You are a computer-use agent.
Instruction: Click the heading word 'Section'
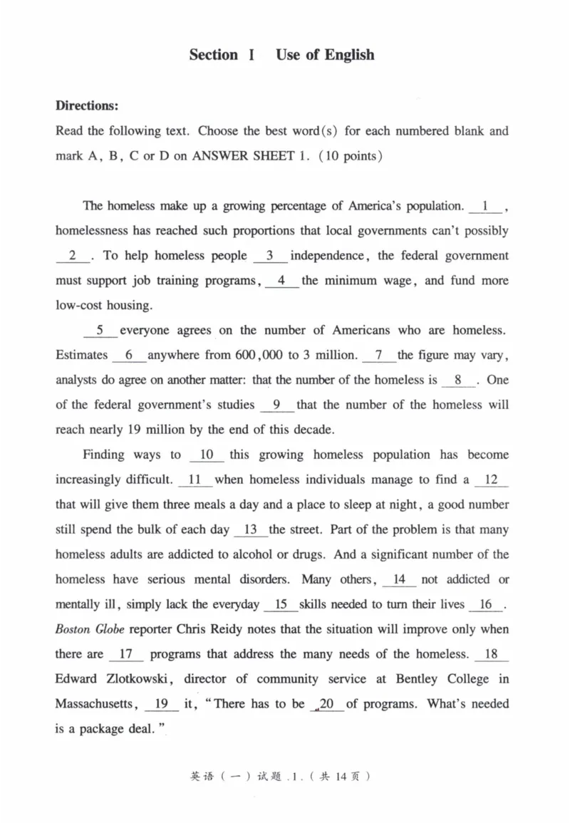(x=214, y=55)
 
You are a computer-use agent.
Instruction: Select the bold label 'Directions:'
(x=87, y=105)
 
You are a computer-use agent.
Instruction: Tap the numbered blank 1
(x=486, y=207)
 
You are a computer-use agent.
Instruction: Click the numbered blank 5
(x=100, y=331)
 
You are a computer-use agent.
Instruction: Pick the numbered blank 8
(x=458, y=381)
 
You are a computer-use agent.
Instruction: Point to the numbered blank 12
(x=491, y=480)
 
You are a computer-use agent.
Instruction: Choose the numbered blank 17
(x=127, y=654)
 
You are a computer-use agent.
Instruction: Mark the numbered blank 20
(x=328, y=704)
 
